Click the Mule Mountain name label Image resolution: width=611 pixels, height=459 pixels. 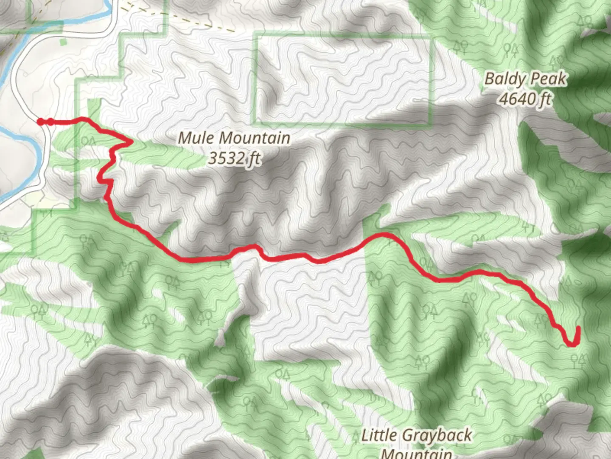(x=234, y=138)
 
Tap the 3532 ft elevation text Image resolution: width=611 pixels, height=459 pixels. (x=234, y=159)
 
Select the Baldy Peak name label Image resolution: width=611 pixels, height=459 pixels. (x=526, y=79)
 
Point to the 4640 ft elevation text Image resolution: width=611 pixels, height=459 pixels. (x=525, y=99)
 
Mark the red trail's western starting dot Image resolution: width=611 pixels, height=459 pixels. (x=41, y=122)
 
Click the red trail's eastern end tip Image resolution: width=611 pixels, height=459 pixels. (x=578, y=328)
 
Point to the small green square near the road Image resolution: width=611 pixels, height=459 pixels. (x=63, y=42)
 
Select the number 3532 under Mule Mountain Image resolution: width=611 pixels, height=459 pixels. (x=227, y=159)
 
